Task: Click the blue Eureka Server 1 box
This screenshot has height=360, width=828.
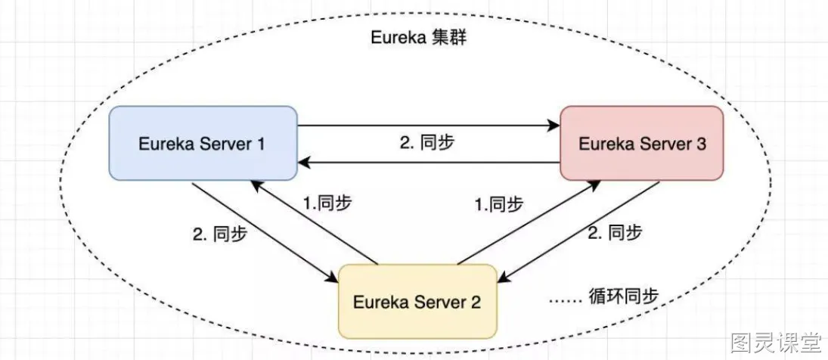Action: coord(203,144)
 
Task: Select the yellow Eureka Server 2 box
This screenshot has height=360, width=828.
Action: coord(417,302)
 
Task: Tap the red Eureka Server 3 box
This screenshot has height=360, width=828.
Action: coord(642,144)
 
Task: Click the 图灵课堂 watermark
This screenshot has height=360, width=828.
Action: coord(775,343)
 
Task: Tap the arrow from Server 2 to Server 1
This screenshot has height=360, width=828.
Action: coord(314,222)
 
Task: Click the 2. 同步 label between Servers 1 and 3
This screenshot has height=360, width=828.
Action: coord(427,143)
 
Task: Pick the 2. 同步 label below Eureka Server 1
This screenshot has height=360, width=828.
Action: coord(220,233)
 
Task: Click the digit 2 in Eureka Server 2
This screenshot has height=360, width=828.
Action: coord(476,302)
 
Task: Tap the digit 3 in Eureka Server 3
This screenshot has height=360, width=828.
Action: coord(701,144)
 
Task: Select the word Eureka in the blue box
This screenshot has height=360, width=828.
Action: coord(165,144)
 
